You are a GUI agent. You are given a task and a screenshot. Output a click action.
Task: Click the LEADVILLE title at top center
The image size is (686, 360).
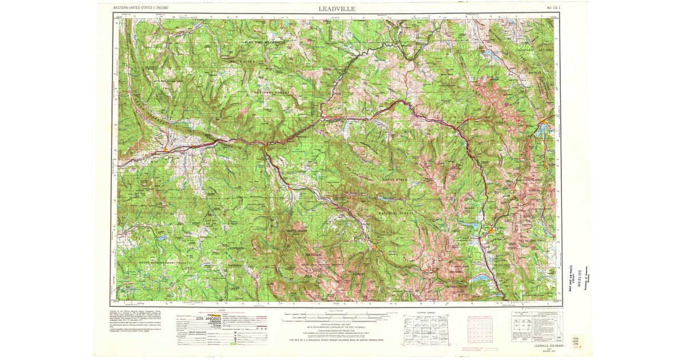pyautogui.click(x=337, y=9)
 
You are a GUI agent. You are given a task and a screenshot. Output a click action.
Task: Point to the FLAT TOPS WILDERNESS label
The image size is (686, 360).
pyautogui.click(x=264, y=42)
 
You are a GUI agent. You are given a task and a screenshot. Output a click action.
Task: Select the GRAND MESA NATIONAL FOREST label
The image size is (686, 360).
pyautogui.click(x=163, y=262)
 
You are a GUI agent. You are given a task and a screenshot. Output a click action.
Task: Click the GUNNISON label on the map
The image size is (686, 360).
pyautogui.click(x=236, y=249)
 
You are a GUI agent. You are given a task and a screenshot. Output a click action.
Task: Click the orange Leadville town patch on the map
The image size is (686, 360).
pyautogui.click(x=491, y=230)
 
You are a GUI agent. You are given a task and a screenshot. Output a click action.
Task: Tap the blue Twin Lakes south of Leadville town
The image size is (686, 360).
pyautogui.click(x=479, y=278)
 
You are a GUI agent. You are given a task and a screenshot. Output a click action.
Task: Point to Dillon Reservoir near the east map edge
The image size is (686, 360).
pyautogui.click(x=541, y=131)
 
